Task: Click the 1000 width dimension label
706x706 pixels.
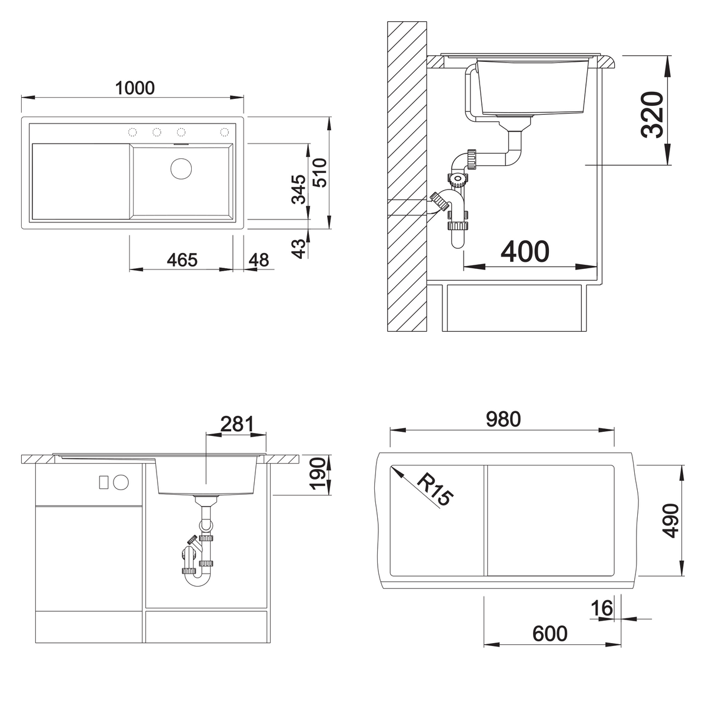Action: coord(135,88)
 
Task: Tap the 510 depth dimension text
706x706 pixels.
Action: coord(320,172)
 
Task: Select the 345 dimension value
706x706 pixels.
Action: coord(299,189)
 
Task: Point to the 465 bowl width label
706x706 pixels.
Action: coord(182,260)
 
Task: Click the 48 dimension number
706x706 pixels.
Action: coord(259,260)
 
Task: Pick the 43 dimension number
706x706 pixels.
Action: coord(299,249)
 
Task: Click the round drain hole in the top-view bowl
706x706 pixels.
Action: coord(181,168)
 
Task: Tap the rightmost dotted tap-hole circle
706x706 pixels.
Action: coord(224,132)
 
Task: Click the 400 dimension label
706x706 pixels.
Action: coord(525,252)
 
